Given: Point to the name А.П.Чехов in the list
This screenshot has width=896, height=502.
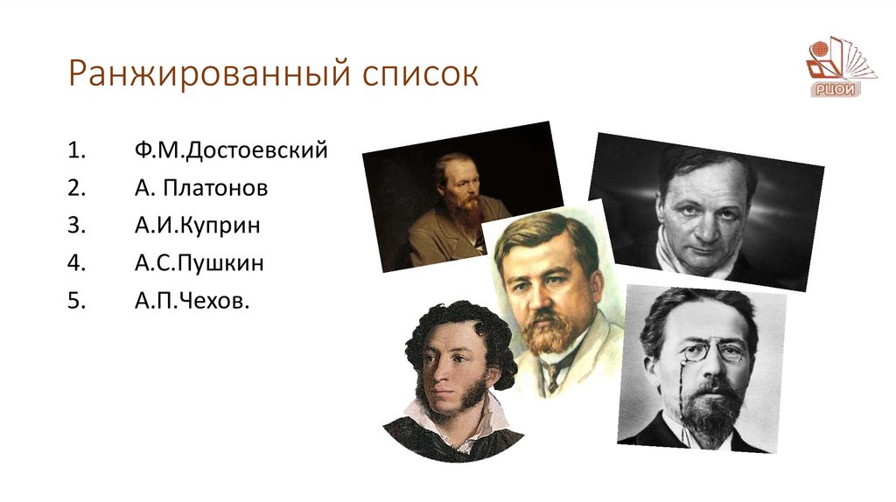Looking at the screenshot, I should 185,301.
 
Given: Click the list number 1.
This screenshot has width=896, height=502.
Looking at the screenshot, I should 75,150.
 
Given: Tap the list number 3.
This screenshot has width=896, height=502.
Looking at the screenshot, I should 75,226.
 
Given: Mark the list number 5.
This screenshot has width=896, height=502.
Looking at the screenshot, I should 75,301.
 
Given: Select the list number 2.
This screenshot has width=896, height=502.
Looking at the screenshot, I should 75,188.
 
